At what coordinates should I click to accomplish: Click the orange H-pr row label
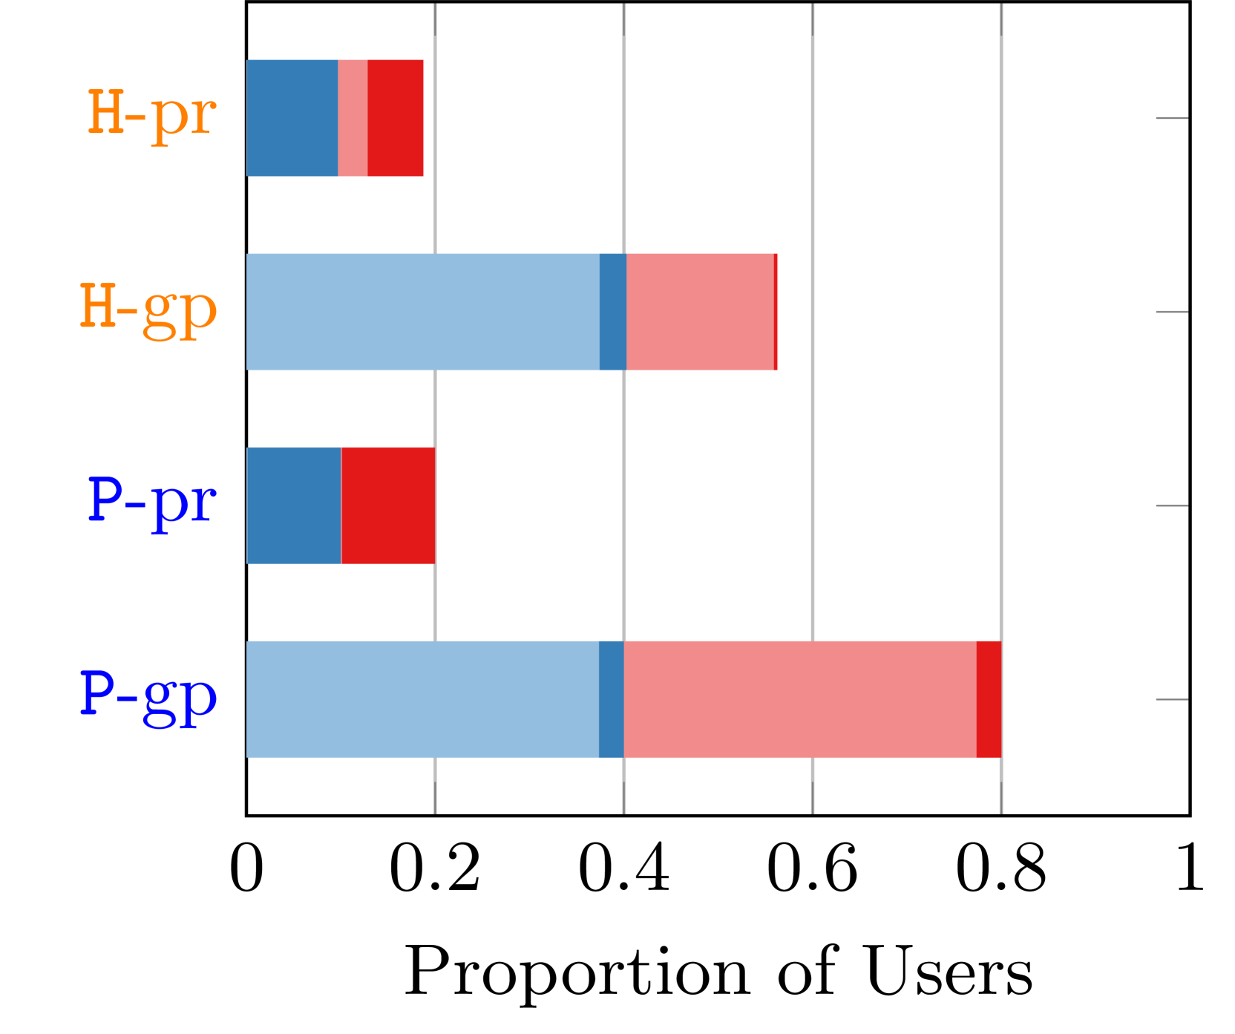151,115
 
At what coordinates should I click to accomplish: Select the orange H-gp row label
148,309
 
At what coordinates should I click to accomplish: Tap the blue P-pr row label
151,503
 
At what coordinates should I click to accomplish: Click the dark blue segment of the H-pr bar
292,118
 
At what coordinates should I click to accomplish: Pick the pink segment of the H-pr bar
353,118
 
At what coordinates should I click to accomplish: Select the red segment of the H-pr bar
396,118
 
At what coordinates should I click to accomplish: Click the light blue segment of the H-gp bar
422,312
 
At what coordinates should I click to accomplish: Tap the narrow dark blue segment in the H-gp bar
613,312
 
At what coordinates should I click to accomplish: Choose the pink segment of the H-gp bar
700,312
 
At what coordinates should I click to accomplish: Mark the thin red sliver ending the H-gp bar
776,312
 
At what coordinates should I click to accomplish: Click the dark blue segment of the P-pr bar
294,505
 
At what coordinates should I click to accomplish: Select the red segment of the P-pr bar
388,505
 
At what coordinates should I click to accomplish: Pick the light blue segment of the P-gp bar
422,699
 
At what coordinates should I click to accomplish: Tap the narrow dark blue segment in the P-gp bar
612,699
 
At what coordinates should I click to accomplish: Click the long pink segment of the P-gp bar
800,699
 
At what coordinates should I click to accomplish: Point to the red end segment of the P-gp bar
989,699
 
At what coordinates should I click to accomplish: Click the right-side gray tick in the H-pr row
1171,118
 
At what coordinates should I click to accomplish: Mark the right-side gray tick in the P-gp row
1171,699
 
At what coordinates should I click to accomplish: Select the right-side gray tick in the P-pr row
1171,505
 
